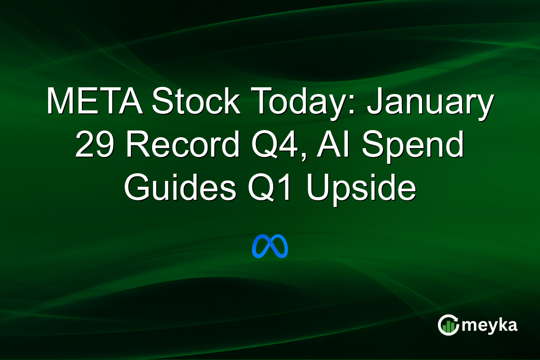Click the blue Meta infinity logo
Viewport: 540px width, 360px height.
[x=270, y=246]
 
